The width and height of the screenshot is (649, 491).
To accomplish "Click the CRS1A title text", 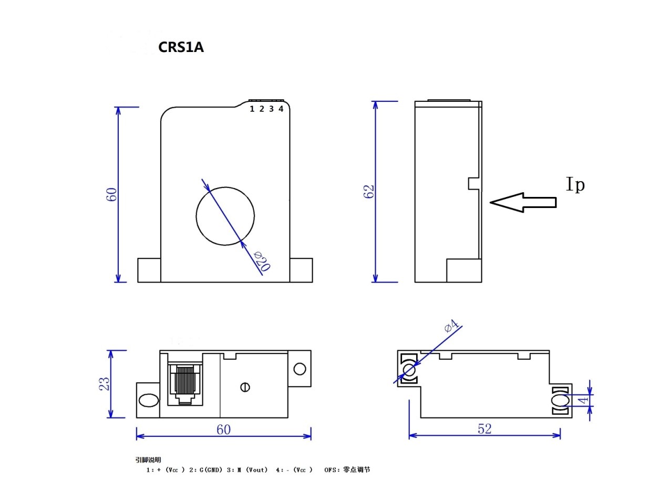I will coord(181,47).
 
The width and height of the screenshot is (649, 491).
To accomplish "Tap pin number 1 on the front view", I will coord(252,109).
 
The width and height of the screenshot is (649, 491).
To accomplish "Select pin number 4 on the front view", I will coord(281,109).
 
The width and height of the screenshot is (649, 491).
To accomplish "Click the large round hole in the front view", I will coord(225,215).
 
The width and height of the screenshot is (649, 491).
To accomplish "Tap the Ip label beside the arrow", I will coord(575,184).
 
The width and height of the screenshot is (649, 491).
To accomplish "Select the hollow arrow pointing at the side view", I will coord(522,202).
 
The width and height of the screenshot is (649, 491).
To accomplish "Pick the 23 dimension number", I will coord(106,383).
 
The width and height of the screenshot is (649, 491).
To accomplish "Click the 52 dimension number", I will coord(485,429).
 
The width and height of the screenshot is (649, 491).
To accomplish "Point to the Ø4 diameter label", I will coord(451,326).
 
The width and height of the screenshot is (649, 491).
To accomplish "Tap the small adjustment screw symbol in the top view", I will coord(244,388).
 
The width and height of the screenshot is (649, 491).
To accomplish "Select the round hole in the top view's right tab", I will coord(300,369).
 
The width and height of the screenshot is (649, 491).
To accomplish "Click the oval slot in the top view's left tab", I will coord(148,401).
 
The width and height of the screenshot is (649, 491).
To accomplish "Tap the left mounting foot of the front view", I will coord(149,270).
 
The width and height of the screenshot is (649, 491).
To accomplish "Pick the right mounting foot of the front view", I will coord(301,270).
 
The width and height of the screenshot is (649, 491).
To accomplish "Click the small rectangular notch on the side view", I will coord(474,183).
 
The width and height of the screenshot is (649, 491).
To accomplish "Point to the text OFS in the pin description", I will coord(330,469).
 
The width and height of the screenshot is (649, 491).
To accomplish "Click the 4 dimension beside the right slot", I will coord(584,401).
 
